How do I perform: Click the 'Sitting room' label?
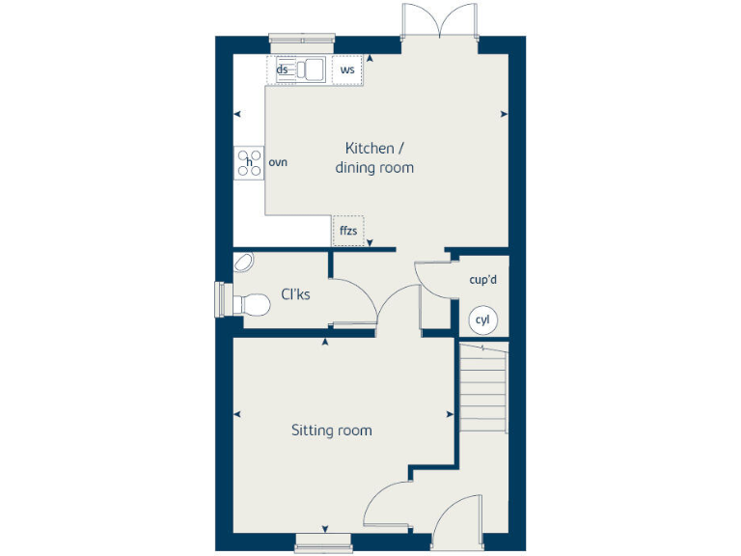(331, 431)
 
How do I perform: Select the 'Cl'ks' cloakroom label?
(295, 294)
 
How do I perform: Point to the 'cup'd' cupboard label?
(482, 279)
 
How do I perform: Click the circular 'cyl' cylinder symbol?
(481, 320)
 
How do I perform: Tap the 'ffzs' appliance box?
(348, 231)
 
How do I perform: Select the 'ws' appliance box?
(347, 69)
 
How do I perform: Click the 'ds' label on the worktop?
(283, 69)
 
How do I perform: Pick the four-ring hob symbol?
(249, 162)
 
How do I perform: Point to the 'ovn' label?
(278, 162)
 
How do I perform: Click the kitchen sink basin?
(313, 69)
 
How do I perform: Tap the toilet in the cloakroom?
(250, 303)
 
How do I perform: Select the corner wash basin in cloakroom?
(243, 263)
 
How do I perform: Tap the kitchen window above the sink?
(302, 42)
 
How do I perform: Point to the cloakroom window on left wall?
(221, 299)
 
